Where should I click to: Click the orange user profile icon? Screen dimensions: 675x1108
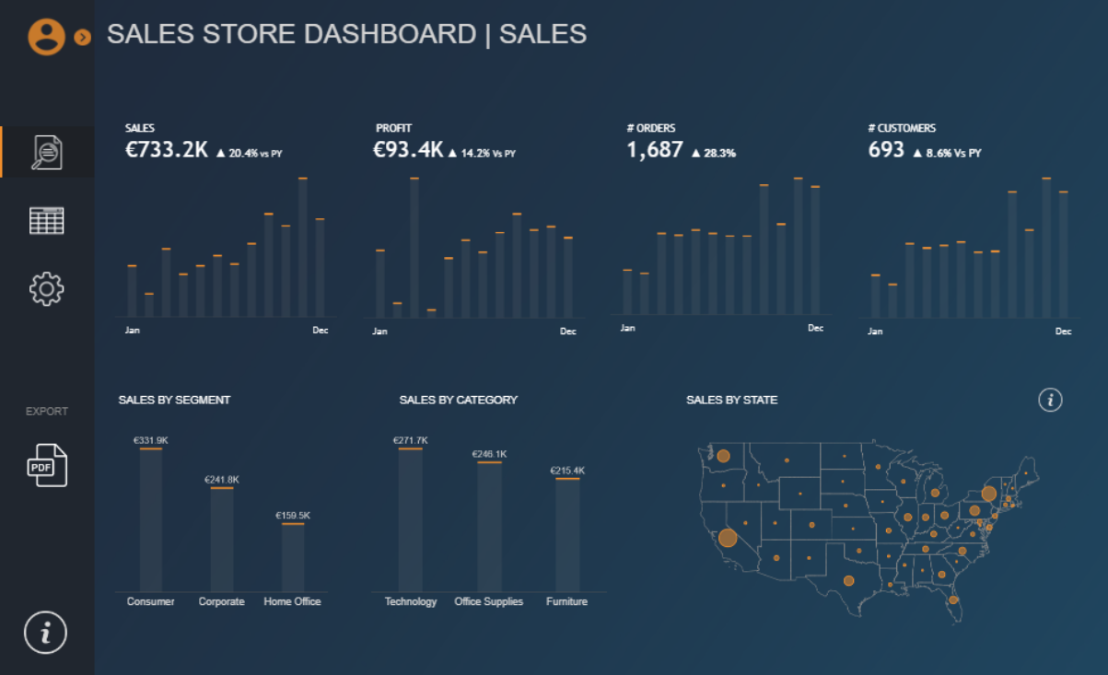pyautogui.click(x=46, y=36)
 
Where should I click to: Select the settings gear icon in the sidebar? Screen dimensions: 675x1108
pyautogui.click(x=47, y=289)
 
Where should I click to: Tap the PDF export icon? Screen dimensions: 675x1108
pyautogui.click(x=47, y=465)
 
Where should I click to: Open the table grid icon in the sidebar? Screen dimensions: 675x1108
pyautogui.click(x=47, y=221)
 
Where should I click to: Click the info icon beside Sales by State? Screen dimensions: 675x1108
pyautogui.click(x=1050, y=400)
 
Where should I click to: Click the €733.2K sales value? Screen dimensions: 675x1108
pyautogui.click(x=167, y=150)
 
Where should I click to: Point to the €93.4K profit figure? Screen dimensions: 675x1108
pyautogui.click(x=408, y=150)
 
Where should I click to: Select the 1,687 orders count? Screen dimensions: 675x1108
pyautogui.click(x=655, y=150)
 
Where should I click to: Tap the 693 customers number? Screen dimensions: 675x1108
pyautogui.click(x=886, y=150)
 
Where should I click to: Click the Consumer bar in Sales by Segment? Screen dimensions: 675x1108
pyautogui.click(x=151, y=520)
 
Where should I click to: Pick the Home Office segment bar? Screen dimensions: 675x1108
pyautogui.click(x=293, y=557)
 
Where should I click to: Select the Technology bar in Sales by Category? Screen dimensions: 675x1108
pyautogui.click(x=411, y=520)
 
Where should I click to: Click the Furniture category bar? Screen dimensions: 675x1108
pyautogui.click(x=567, y=534)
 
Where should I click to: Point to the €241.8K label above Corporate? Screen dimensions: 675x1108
pyautogui.click(x=222, y=480)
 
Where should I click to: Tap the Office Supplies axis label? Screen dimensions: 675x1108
pyautogui.click(x=488, y=602)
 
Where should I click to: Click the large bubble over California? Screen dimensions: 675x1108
pyautogui.click(x=728, y=538)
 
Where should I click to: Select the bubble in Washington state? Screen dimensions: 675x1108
pyautogui.click(x=723, y=456)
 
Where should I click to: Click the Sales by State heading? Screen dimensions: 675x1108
pyautogui.click(x=731, y=401)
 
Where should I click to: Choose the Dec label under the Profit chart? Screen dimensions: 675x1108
pyautogui.click(x=567, y=332)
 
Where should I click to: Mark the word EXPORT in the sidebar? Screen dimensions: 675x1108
pyautogui.click(x=47, y=412)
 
